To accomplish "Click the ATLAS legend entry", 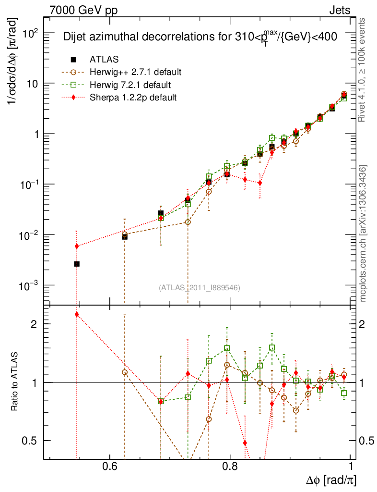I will [x=104, y=60].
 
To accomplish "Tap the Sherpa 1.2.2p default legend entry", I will [x=133, y=98].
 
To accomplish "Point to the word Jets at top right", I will [x=339, y=10].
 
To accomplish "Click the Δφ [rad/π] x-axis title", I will [x=331, y=480].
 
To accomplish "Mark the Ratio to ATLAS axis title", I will [x=14, y=382].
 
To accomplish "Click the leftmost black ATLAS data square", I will [x=77, y=264].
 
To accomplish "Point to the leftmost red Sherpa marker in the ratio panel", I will [x=77, y=314].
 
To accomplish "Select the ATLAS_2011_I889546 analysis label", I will [x=199, y=287].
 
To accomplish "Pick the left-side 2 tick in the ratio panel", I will [x=34, y=324].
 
